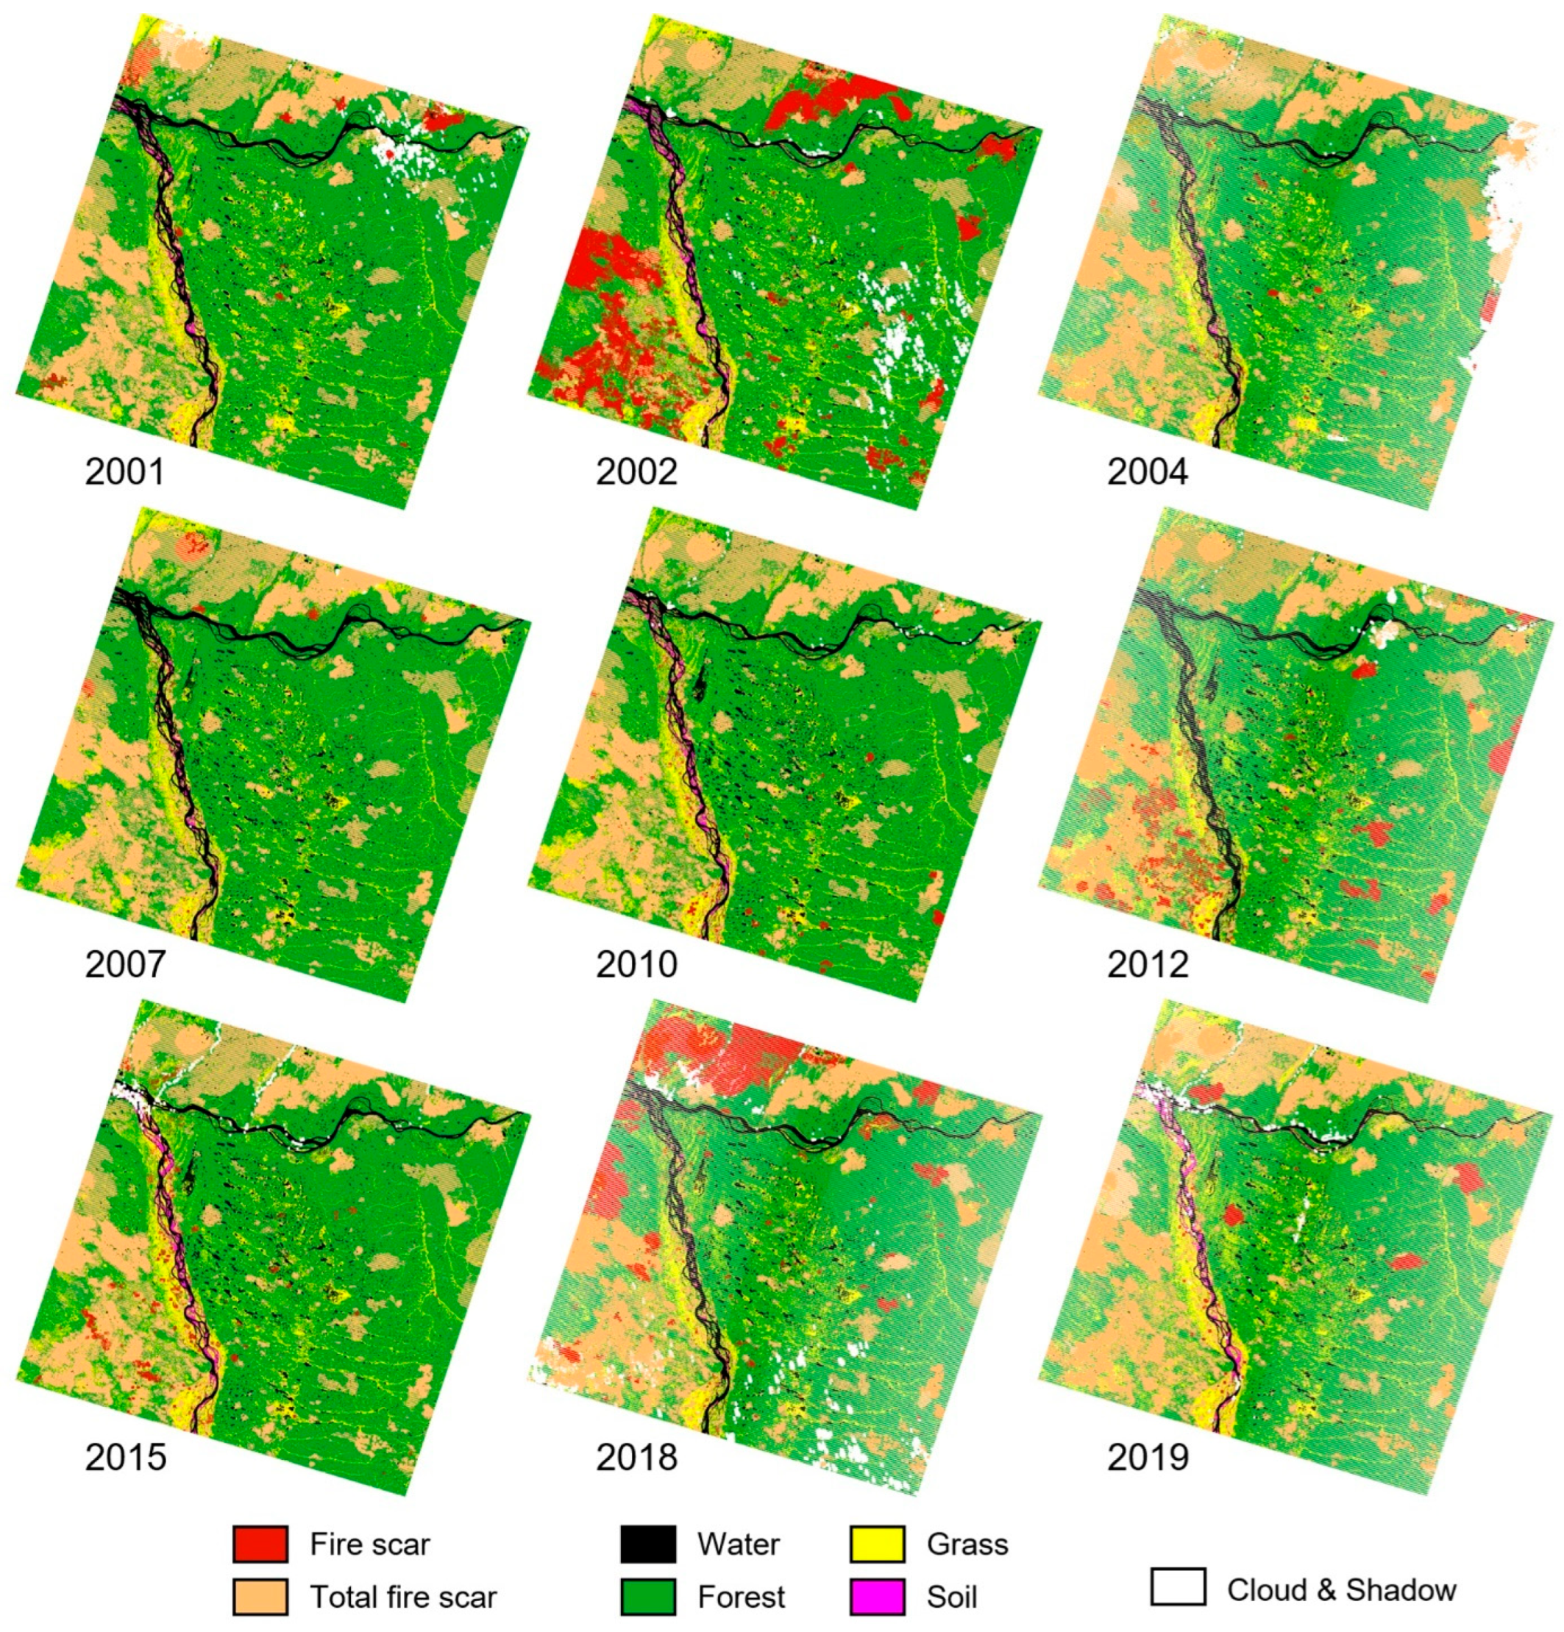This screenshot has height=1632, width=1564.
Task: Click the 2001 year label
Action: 125,472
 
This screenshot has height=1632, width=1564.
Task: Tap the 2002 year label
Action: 636,472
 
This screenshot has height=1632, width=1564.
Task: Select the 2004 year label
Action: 1148,472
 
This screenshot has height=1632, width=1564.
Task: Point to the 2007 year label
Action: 125,965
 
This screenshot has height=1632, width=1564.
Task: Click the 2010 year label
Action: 636,965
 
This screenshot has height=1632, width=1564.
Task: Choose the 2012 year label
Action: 1148,965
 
